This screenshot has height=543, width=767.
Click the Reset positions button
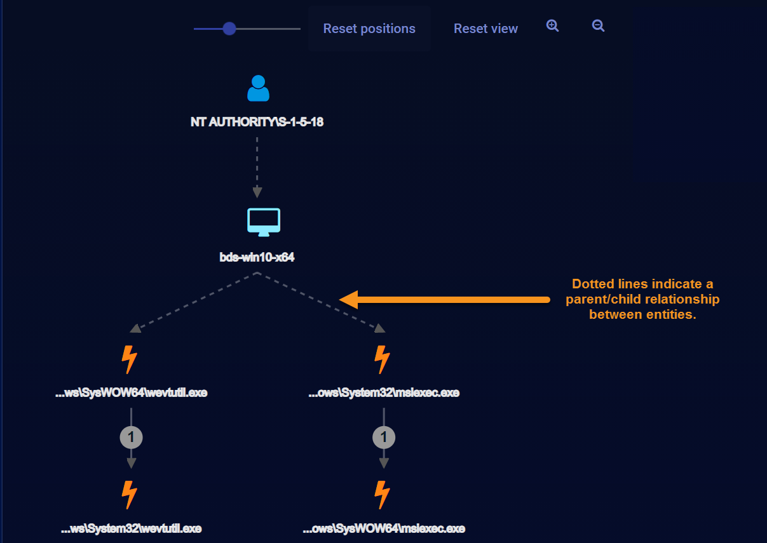click(x=369, y=29)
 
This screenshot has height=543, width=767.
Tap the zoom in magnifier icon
click(x=553, y=25)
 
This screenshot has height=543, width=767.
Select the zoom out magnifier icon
click(x=598, y=25)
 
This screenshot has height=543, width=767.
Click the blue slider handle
click(x=229, y=29)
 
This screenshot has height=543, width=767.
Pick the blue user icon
click(x=258, y=88)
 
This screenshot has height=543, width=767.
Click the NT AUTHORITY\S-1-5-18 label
click(x=257, y=122)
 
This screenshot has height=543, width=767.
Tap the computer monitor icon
click(x=263, y=222)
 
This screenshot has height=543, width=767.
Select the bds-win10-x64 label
click(x=257, y=258)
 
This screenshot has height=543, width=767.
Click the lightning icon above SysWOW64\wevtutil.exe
click(x=130, y=359)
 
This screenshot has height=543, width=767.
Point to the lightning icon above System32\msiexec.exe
click(x=382, y=359)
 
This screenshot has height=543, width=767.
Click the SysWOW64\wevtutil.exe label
click(x=132, y=392)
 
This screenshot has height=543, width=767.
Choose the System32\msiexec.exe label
click(x=384, y=392)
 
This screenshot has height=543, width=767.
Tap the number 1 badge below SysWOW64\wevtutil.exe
click(x=131, y=437)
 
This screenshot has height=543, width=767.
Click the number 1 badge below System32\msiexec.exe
click(x=384, y=437)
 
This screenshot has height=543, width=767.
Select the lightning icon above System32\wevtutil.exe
click(x=130, y=495)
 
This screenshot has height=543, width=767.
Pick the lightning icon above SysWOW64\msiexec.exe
click(x=382, y=495)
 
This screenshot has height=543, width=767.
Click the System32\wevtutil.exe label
click(x=132, y=528)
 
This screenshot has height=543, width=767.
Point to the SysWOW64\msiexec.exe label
click(x=384, y=528)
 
